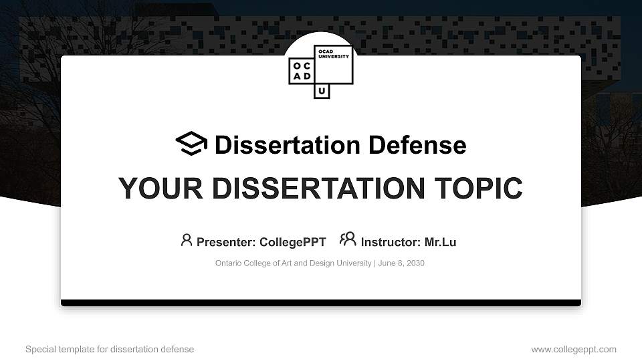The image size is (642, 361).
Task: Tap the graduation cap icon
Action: [191, 144]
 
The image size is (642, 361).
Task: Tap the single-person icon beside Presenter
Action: [187, 240]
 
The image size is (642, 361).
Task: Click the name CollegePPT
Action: [292, 242]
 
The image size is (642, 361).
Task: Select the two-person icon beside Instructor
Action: [348, 239]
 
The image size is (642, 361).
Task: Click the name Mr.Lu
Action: [440, 242]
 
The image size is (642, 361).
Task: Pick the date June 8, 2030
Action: [401, 263]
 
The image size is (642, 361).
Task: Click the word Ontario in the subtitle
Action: [229, 263]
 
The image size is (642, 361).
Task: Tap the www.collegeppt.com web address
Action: [574, 349]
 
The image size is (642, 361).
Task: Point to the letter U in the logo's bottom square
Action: [322, 91]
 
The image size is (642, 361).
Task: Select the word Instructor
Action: [390, 242]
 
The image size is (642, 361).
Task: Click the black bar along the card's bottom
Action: [321, 303]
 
